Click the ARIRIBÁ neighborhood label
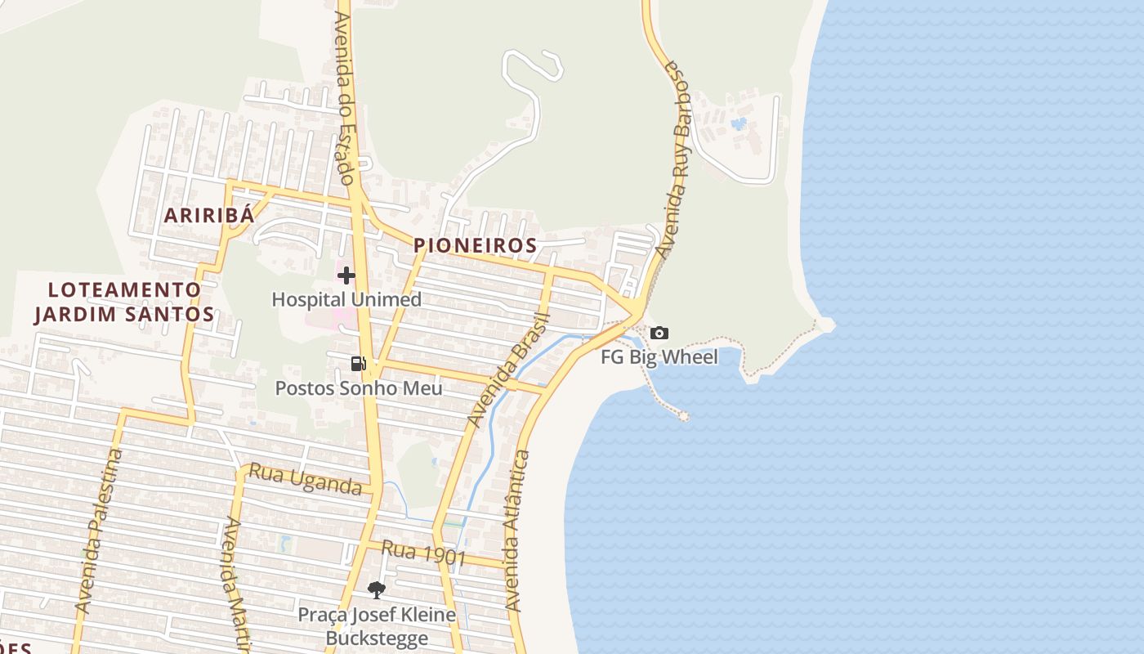click(x=208, y=216)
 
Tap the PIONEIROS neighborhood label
click(x=475, y=245)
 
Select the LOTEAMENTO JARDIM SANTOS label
click(x=124, y=302)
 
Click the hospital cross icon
click(x=346, y=275)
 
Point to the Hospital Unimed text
click(x=346, y=299)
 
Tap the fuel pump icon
click(x=358, y=364)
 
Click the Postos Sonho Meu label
click(x=359, y=387)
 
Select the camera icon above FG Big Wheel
click(x=659, y=333)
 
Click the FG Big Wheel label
click(x=659, y=356)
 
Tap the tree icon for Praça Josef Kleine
click(x=376, y=589)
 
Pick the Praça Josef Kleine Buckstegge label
click(x=376, y=625)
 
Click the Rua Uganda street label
click(x=305, y=480)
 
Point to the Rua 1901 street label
click(x=423, y=553)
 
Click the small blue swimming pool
click(x=739, y=124)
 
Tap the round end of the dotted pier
click(x=683, y=417)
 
